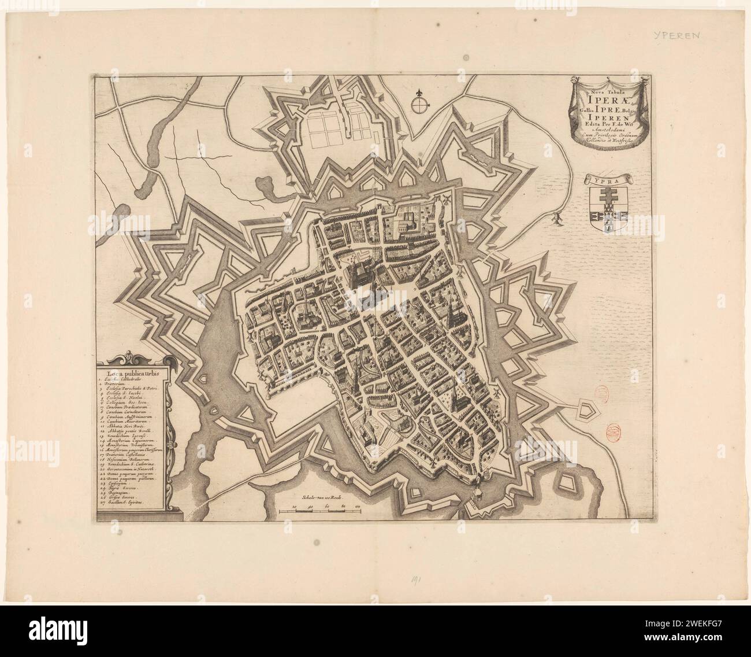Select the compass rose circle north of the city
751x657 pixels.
click(421, 105)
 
